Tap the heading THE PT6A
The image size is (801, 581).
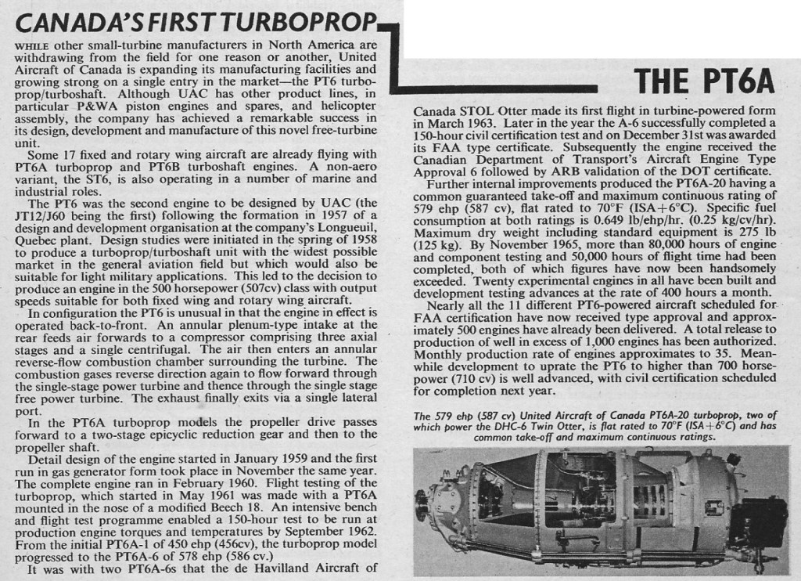click(x=703, y=80)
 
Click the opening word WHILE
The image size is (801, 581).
click(x=31, y=45)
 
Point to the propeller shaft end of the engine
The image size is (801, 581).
click(x=426, y=503)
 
